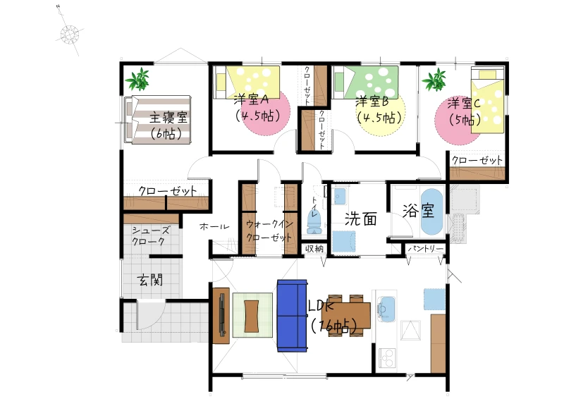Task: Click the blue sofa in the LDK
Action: pyautogui.click(x=292, y=316)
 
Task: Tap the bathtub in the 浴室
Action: pyautogui.click(x=431, y=212)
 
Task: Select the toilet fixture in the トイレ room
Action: pyautogui.click(x=314, y=222)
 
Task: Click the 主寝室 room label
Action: pyautogui.click(x=168, y=117)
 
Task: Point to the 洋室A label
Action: pyautogui.click(x=252, y=99)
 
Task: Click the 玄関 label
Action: pyautogui.click(x=150, y=280)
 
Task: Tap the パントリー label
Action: pyautogui.click(x=426, y=249)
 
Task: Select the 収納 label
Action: pyautogui.click(x=314, y=249)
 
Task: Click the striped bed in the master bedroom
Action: pyautogui.click(x=157, y=120)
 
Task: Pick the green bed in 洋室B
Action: pyautogui.click(x=364, y=82)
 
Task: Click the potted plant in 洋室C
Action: pyautogui.click(x=434, y=80)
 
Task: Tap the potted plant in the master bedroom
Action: pyautogui.click(x=137, y=79)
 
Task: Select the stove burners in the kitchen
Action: pyautogui.click(x=387, y=357)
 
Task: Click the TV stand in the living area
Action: pyautogui.click(x=221, y=316)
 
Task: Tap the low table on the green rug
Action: pyautogui.click(x=251, y=316)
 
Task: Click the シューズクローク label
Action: pyautogui.click(x=149, y=235)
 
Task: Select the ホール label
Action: pyautogui.click(x=214, y=226)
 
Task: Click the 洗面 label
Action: pyautogui.click(x=361, y=219)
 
